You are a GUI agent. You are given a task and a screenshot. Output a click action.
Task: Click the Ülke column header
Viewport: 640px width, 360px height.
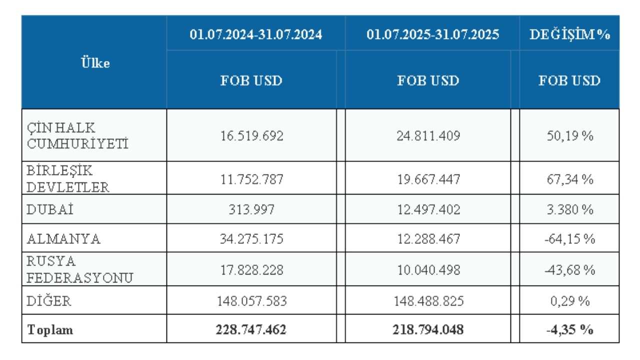pyautogui.click(x=95, y=63)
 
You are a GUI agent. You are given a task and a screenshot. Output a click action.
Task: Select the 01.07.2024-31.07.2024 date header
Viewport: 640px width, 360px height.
pyautogui.click(x=255, y=35)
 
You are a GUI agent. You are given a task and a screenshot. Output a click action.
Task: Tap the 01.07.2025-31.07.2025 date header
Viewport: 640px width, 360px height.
pyautogui.click(x=432, y=35)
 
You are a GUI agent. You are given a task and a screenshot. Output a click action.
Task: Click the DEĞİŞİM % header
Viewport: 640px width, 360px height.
pyautogui.click(x=569, y=35)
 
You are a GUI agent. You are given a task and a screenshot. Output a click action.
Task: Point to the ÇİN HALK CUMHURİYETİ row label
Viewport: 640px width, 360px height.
pyautogui.click(x=77, y=135)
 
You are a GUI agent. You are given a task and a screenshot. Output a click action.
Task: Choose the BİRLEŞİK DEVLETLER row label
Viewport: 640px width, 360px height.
pyautogui.click(x=67, y=178)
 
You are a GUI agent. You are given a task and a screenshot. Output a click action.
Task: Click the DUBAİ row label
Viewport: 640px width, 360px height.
pyautogui.click(x=50, y=210)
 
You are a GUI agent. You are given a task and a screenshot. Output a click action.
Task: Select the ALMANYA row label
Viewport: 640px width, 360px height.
pyautogui.click(x=63, y=239)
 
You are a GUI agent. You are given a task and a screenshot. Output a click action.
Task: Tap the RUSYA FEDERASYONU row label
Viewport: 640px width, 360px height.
pyautogui.click(x=79, y=270)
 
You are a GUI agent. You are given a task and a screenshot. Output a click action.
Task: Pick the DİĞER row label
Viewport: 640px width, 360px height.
pyautogui.click(x=48, y=301)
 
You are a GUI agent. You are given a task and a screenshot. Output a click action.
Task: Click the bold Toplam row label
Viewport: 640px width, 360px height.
pyautogui.click(x=50, y=330)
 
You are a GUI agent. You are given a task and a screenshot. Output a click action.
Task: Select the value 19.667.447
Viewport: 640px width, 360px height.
pyautogui.click(x=427, y=179)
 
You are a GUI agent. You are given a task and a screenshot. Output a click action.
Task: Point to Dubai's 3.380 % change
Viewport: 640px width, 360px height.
pyautogui.click(x=569, y=210)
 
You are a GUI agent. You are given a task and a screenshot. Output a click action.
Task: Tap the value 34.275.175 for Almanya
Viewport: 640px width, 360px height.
pyautogui.click(x=251, y=239)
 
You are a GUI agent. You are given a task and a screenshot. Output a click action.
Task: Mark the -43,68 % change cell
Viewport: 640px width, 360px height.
pyautogui.click(x=569, y=270)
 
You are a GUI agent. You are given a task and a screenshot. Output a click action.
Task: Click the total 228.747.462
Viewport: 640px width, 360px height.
pyautogui.click(x=251, y=330)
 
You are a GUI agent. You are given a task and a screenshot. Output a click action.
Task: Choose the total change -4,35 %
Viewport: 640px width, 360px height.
pyautogui.click(x=569, y=330)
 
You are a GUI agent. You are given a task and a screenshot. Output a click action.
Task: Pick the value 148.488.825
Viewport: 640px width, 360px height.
pyautogui.click(x=427, y=301)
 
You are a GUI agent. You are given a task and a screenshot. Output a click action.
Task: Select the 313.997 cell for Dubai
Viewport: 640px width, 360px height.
pyautogui.click(x=251, y=210)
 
